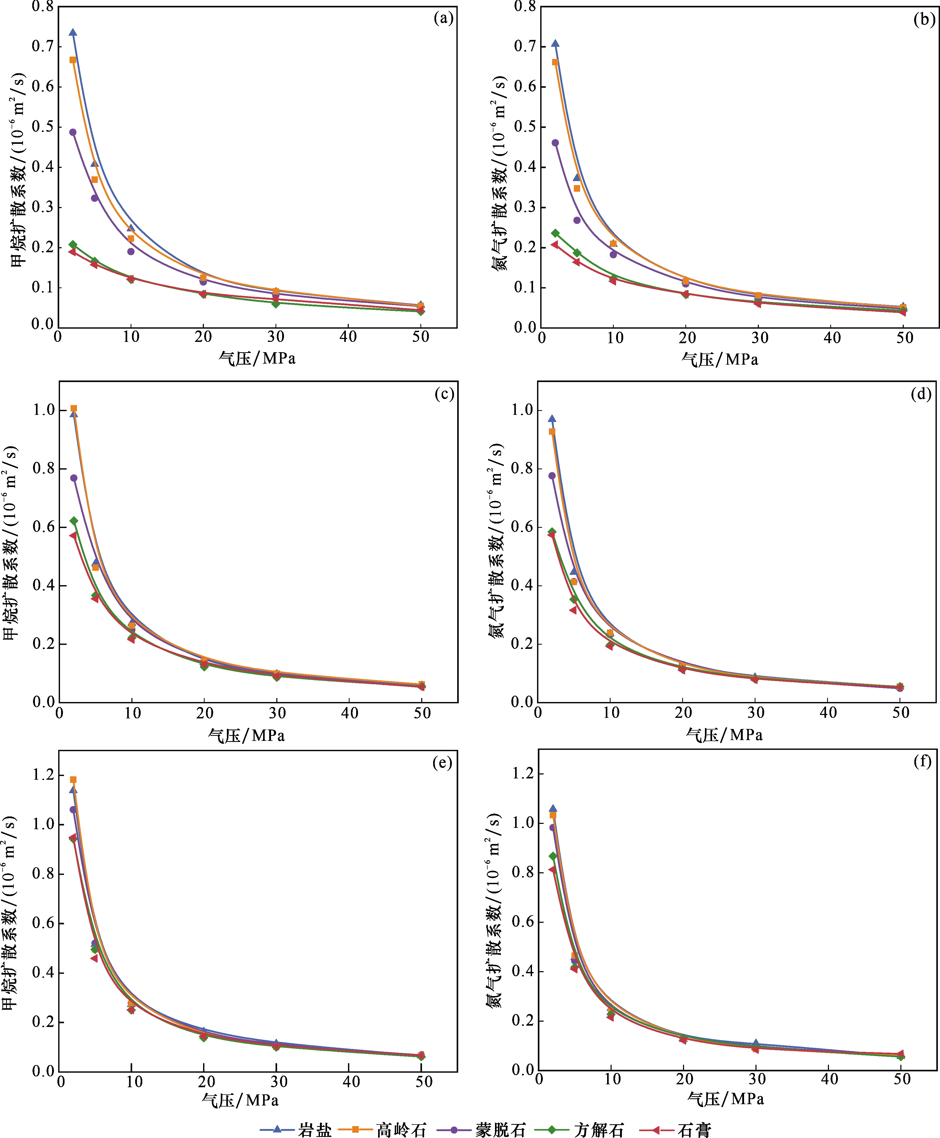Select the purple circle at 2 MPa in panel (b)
click(x=555, y=143)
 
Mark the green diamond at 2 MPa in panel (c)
click(x=74, y=521)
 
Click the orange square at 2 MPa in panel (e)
click(x=73, y=780)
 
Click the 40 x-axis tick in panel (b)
click(x=832, y=338)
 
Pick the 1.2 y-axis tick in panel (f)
click(x=523, y=773)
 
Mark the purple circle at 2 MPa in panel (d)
click(x=552, y=476)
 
